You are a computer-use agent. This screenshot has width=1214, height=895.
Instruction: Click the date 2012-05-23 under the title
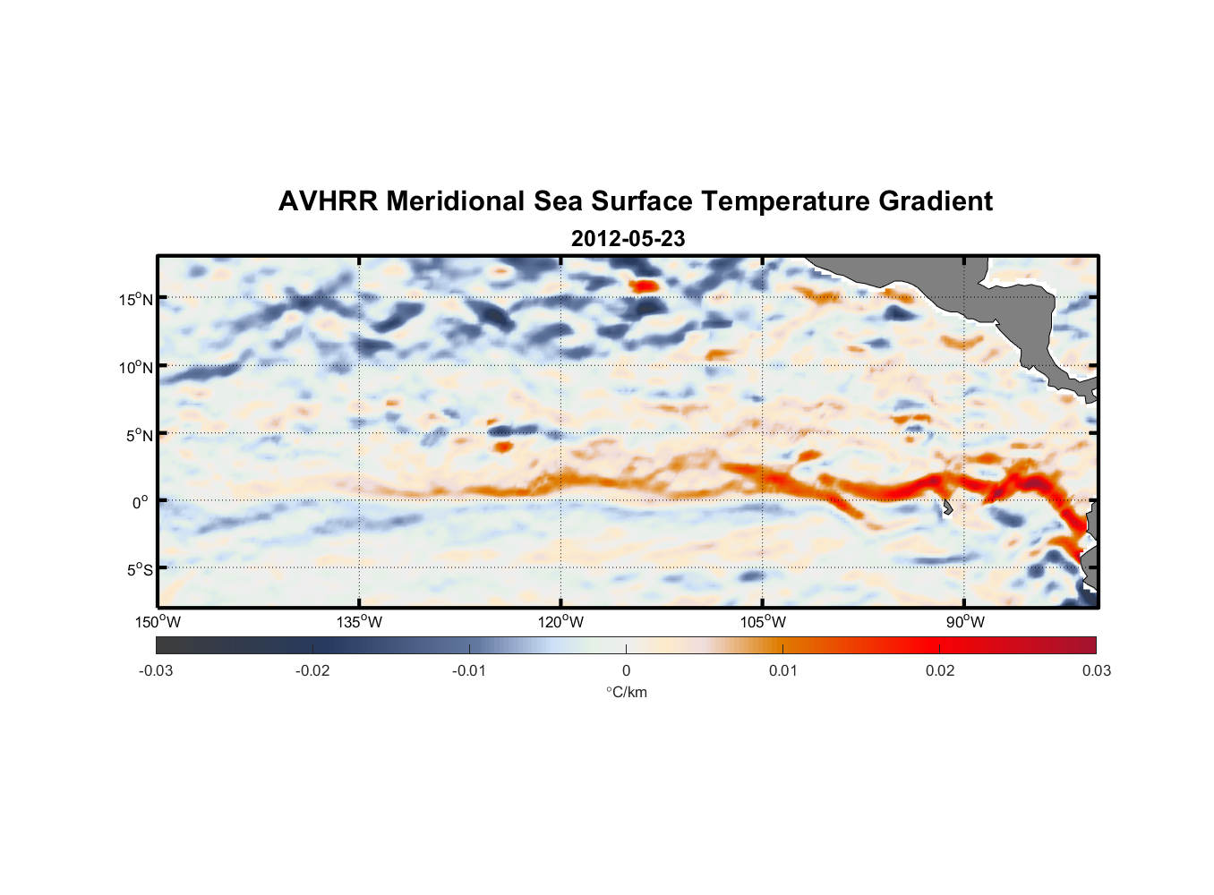pyautogui.click(x=628, y=239)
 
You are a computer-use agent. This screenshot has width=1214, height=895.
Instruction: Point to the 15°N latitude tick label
pyautogui.click(x=136, y=299)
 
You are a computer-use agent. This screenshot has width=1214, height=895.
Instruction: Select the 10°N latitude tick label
pyautogui.click(x=136, y=367)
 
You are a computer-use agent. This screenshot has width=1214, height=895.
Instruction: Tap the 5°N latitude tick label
pyautogui.click(x=139, y=435)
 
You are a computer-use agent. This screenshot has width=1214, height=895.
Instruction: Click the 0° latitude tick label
pyautogui.click(x=141, y=502)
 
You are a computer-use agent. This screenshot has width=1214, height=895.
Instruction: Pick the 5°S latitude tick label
pyautogui.click(x=139, y=569)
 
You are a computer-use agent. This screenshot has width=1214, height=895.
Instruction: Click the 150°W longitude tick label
pyautogui.click(x=158, y=622)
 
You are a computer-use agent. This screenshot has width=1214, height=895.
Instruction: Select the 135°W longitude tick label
pyautogui.click(x=360, y=622)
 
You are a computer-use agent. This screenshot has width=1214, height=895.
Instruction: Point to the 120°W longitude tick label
pyautogui.click(x=561, y=622)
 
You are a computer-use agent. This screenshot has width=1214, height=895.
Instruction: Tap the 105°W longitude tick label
pyautogui.click(x=763, y=622)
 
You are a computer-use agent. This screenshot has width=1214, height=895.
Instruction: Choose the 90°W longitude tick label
pyautogui.click(x=965, y=622)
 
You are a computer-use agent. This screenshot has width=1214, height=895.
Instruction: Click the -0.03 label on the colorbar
pyautogui.click(x=156, y=670)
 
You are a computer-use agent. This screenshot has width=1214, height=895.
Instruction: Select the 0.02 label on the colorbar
pyautogui.click(x=940, y=670)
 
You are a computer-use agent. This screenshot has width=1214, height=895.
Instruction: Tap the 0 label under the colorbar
pyautogui.click(x=626, y=670)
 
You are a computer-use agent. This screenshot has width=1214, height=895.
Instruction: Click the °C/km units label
pyautogui.click(x=627, y=692)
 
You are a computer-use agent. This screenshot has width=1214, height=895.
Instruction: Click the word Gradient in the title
pyautogui.click(x=936, y=201)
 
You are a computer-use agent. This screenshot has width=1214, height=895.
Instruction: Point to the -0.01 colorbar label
pyautogui.click(x=468, y=670)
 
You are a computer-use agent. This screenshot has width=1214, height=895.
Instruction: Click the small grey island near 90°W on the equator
pyautogui.click(x=947, y=507)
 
